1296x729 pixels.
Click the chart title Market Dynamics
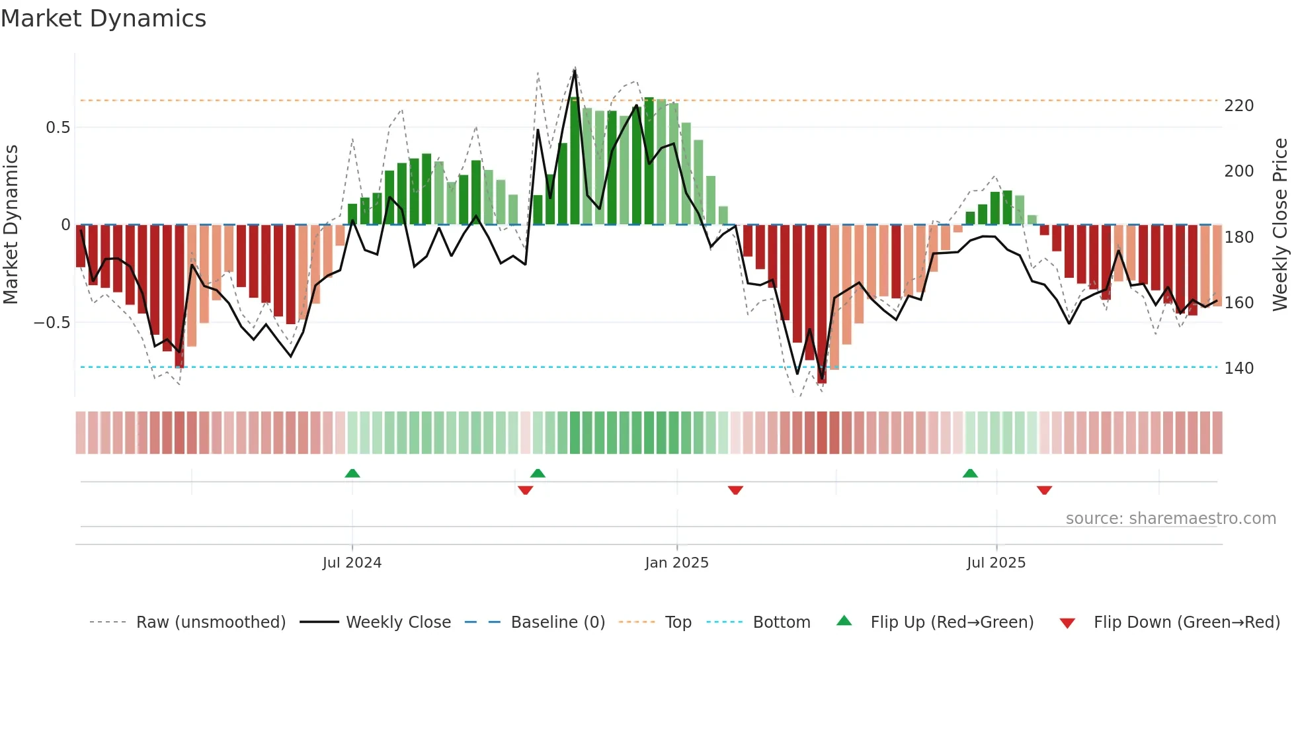tap(104, 19)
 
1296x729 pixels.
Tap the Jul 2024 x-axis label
tap(352, 563)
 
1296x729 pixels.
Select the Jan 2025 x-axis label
tap(676, 563)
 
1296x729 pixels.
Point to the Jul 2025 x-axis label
tap(996, 563)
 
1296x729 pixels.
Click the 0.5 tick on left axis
tap(58, 128)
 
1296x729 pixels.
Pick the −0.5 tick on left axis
tap(52, 323)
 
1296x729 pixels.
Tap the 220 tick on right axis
tap(1238, 106)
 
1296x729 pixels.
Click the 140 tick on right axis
tap(1238, 368)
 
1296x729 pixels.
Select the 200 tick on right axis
tap(1238, 171)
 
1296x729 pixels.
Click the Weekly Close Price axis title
tap(1280, 225)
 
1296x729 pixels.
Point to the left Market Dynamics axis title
tap(11, 225)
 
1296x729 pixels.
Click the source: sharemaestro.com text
tap(1170, 519)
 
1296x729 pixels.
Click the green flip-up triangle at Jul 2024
tap(352, 473)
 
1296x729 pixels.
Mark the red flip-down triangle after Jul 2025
tap(1044, 490)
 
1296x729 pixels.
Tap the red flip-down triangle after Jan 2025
tap(735, 490)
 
